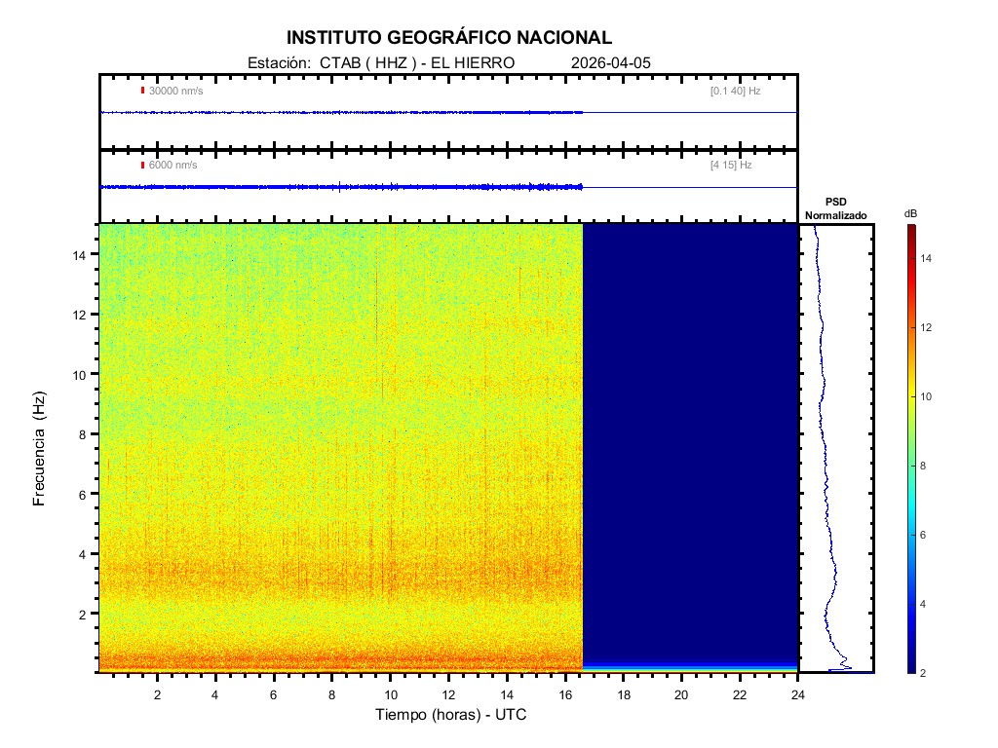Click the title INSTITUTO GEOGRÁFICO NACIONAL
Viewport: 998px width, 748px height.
click(x=449, y=38)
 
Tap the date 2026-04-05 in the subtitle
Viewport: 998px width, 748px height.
click(x=611, y=62)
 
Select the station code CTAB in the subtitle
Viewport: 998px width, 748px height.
click(x=336, y=62)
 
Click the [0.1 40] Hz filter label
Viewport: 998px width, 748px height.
click(x=735, y=92)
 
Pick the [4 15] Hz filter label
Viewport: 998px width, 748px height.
click(x=731, y=166)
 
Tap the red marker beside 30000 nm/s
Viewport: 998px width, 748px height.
click(x=142, y=91)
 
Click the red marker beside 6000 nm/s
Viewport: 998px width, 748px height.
click(x=142, y=165)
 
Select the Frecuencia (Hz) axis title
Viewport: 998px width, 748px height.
click(x=40, y=448)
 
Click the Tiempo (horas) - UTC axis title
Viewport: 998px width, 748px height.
click(x=451, y=715)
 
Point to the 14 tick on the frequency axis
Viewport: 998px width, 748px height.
click(x=82, y=254)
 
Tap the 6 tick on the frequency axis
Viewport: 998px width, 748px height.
click(x=86, y=494)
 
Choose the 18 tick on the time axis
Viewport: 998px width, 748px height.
click(x=624, y=693)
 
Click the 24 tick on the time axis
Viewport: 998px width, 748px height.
click(x=798, y=693)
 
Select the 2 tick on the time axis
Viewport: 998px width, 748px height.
click(x=157, y=693)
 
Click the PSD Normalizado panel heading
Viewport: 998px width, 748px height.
click(x=835, y=208)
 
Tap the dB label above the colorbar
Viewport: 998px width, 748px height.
click(x=910, y=213)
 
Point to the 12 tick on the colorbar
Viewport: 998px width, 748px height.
click(x=927, y=327)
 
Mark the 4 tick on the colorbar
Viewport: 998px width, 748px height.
click(x=924, y=604)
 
